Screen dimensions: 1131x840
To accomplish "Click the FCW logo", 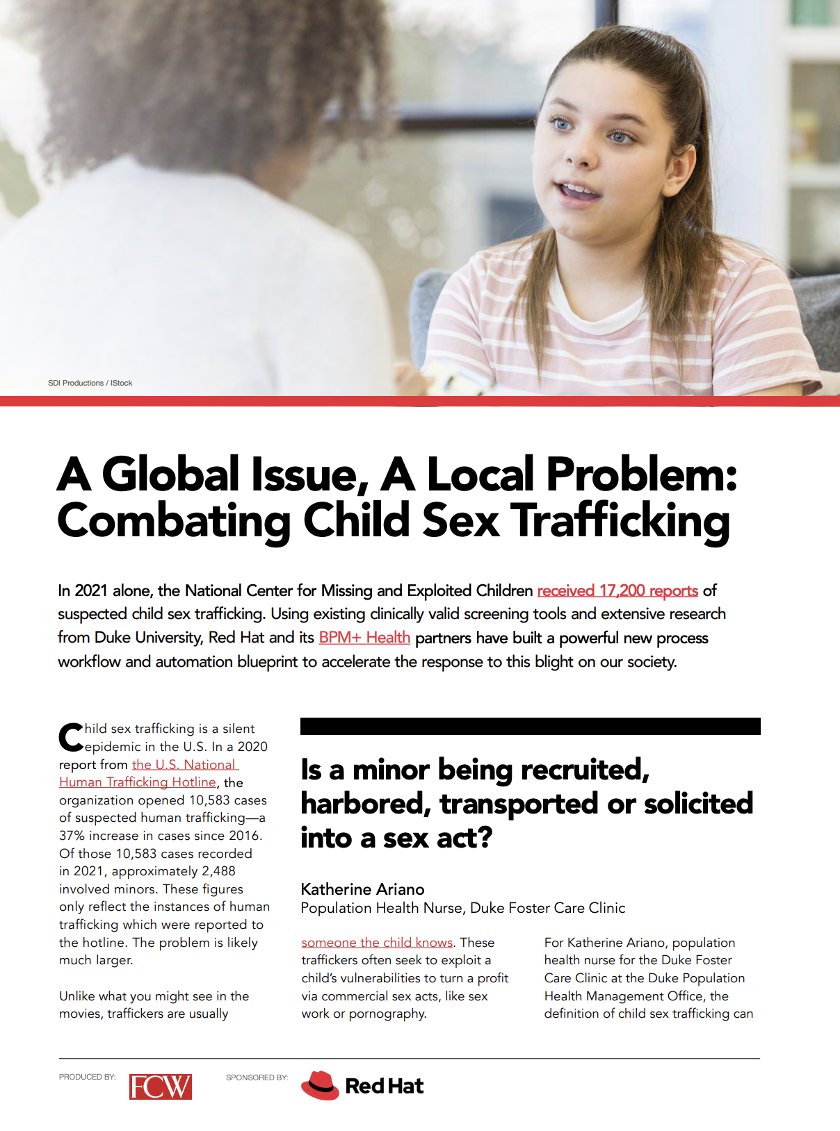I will pyautogui.click(x=160, y=1087).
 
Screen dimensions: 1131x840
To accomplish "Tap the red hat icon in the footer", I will pyautogui.click(x=320, y=1085).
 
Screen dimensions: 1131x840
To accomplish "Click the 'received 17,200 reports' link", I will pyautogui.click(x=617, y=591).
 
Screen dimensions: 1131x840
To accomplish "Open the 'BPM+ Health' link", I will pyautogui.click(x=364, y=638).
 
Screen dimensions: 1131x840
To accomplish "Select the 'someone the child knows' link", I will pyautogui.click(x=377, y=943).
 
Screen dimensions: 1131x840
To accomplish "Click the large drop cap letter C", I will pyautogui.click(x=70, y=738).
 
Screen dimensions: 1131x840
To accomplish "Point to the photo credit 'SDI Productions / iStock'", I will pyautogui.click(x=90, y=383).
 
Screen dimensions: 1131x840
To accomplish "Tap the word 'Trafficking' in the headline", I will pyautogui.click(x=620, y=521).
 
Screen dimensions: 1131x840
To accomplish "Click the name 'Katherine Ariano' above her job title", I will pyautogui.click(x=362, y=889).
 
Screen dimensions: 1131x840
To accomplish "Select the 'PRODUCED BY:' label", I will pyautogui.click(x=87, y=1077).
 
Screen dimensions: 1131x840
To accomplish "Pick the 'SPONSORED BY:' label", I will pyautogui.click(x=257, y=1078).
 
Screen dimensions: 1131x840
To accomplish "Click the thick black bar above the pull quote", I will pyautogui.click(x=530, y=726).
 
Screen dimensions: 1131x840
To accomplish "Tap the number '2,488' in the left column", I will pyautogui.click(x=218, y=871).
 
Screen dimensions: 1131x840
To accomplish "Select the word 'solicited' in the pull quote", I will pyautogui.click(x=698, y=804).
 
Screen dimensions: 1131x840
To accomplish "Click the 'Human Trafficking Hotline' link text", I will pyautogui.click(x=137, y=782).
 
